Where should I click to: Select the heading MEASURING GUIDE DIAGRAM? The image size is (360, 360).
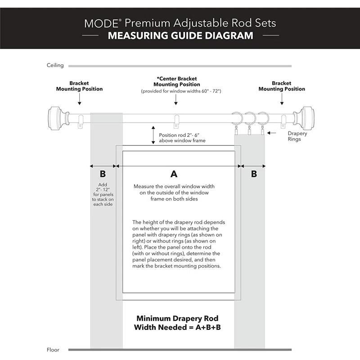180,35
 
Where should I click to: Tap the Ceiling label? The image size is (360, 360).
55,65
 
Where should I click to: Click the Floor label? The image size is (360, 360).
53,350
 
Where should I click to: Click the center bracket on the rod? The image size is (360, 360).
176,121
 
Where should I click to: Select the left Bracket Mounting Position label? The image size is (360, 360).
79,86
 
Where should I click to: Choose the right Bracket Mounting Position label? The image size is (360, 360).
282,86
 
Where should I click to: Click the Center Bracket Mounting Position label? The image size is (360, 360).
176,81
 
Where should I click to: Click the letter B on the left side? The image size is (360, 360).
103,174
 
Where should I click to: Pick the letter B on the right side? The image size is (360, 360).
254,174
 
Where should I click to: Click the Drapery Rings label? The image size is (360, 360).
297,136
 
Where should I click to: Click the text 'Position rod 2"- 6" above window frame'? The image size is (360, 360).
182,138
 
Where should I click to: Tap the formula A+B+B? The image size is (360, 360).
205,327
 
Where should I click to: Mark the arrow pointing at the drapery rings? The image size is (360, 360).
271,133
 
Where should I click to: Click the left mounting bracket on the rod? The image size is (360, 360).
81,121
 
